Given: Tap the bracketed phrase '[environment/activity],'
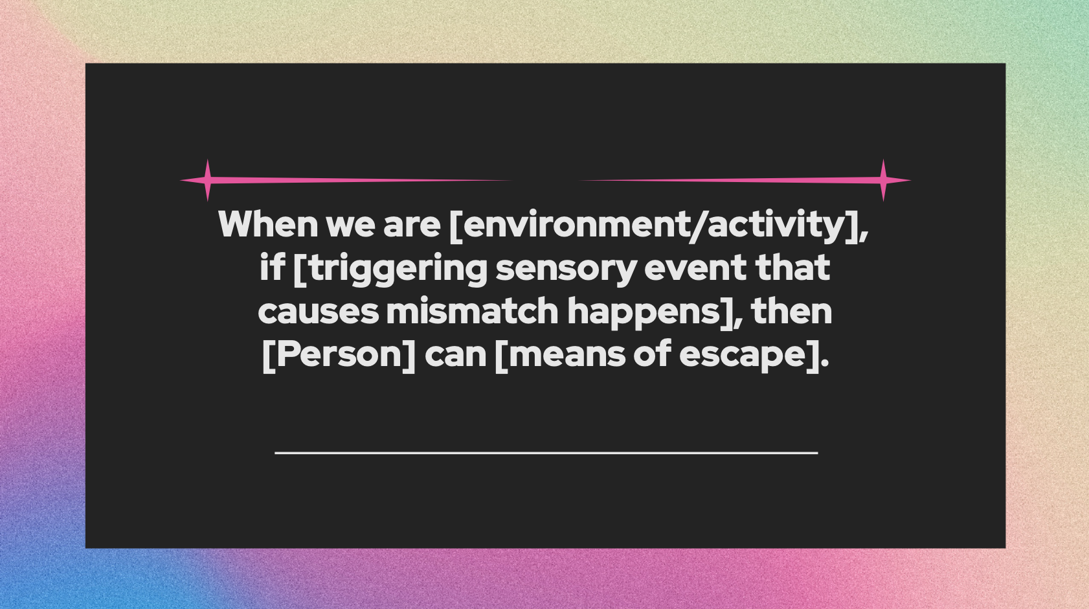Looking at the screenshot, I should (x=658, y=225).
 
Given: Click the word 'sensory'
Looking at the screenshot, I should (x=566, y=269).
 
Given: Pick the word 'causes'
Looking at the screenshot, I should (x=318, y=312).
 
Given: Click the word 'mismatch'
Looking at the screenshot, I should (x=472, y=312).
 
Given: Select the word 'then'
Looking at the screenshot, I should (x=792, y=311).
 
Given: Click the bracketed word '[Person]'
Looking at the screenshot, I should (x=339, y=354).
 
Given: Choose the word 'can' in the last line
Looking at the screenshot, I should (x=455, y=355).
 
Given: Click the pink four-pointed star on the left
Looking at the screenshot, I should (x=207, y=180).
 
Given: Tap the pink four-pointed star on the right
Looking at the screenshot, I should (x=883, y=180).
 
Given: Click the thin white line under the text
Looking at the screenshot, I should (x=546, y=452).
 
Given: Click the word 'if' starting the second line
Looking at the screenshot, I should (x=272, y=268).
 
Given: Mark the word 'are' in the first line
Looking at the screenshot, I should (x=412, y=225).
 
